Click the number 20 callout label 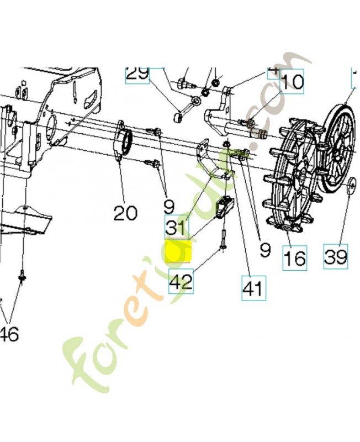[x=125, y=213]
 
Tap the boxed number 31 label [x=177, y=227]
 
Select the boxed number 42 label [x=181, y=282]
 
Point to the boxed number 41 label [x=253, y=287]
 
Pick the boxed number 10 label [x=292, y=82]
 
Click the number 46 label [x=9, y=333]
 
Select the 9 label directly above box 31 [x=169, y=207]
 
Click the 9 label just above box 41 [x=265, y=250]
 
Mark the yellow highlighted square [x=178, y=251]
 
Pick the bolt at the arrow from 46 [x=22, y=275]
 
